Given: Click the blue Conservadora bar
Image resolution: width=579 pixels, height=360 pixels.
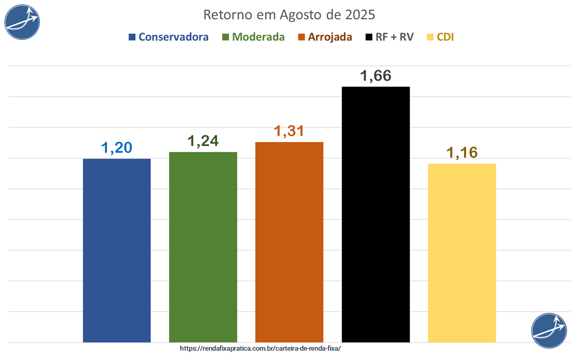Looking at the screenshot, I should coord(117,250).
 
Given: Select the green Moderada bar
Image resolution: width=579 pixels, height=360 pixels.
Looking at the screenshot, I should coord(203,247).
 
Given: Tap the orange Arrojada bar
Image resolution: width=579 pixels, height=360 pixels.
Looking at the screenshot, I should coord(289,242).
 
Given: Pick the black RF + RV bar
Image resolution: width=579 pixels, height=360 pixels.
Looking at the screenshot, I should coord(376,214).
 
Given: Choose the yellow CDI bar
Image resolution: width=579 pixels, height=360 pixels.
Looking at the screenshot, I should coord(462,253).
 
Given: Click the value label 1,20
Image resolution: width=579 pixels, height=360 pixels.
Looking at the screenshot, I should coord(117,148).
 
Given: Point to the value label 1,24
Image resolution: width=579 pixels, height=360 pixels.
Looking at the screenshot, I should coord(203,142).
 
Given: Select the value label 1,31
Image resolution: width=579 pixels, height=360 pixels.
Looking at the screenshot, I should coord(289,131).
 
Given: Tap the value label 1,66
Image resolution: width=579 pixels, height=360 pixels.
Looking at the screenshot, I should coord(376,76).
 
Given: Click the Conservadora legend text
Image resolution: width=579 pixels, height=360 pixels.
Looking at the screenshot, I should coord(174,37).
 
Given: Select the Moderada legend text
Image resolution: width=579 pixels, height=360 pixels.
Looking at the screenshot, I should coord(258,37).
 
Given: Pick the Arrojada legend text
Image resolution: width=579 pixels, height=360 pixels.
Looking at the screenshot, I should coord(330,37).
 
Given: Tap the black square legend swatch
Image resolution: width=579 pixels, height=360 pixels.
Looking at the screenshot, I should coord(368,37).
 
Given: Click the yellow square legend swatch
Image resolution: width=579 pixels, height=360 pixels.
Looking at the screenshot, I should coord(430,37).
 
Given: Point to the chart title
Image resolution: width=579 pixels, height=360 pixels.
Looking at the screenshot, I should coord(289,15).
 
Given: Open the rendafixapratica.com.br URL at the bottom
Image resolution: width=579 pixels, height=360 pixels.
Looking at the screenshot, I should coord(261,348).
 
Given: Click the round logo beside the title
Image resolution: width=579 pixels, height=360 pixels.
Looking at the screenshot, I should coord(22,22).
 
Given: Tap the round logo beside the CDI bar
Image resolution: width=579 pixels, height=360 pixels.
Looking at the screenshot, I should coord(549,331).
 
